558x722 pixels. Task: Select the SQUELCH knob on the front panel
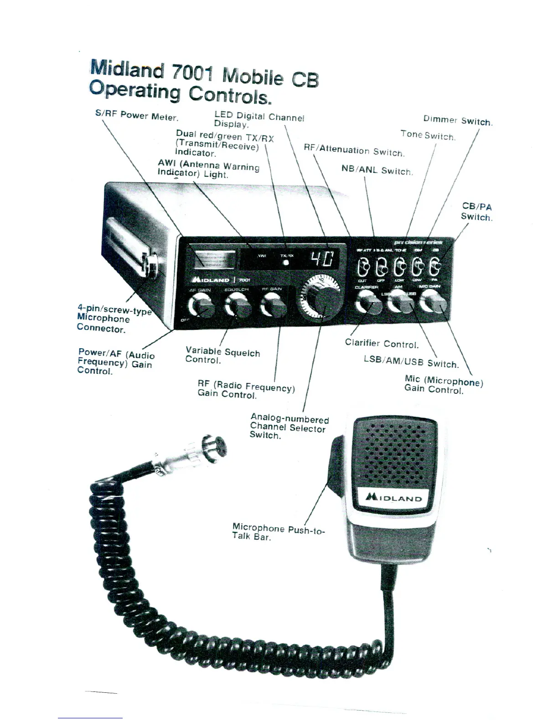237,304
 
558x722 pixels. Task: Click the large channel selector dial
321,297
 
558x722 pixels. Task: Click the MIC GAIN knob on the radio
433,301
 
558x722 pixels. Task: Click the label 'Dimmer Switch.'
458,121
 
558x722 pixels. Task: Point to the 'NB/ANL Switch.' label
377,170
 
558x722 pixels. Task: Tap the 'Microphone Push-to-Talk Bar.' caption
278,532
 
